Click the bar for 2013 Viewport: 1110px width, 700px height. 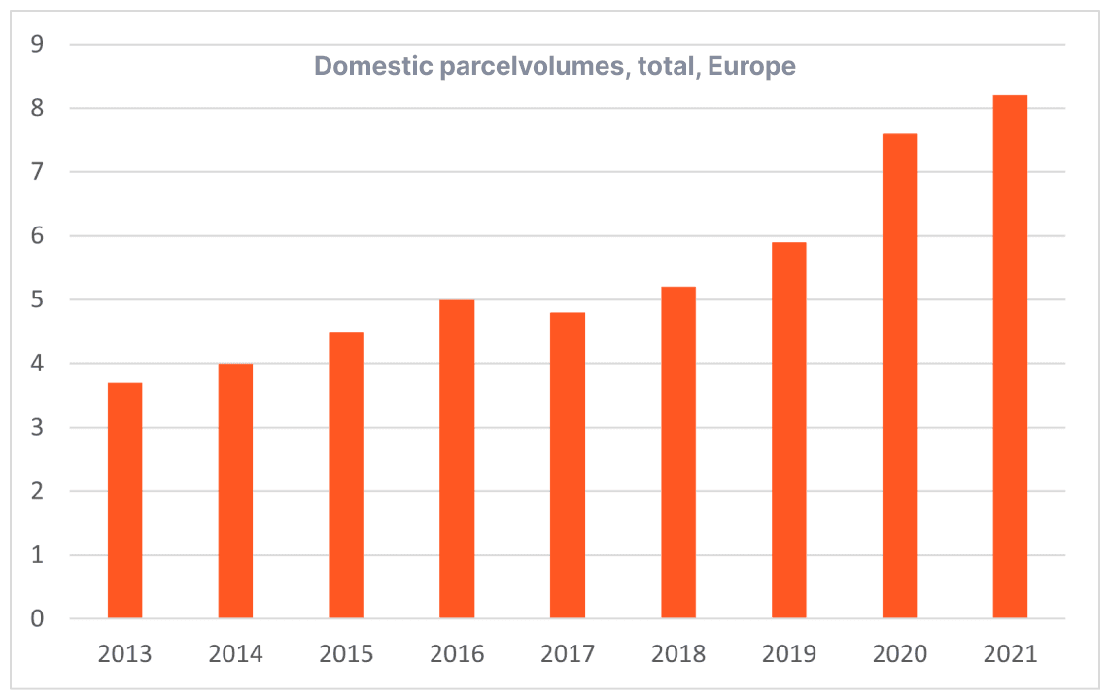point(124,501)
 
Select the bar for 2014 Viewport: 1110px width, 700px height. point(235,491)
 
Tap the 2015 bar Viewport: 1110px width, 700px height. point(346,475)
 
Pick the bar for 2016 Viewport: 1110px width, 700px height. point(457,459)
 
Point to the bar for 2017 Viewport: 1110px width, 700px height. point(568,466)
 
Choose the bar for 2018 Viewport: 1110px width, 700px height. point(678,453)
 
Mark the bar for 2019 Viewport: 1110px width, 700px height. point(788,431)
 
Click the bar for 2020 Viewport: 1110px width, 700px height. point(899,376)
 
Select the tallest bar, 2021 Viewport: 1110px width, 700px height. point(1010,357)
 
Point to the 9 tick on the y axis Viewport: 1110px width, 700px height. point(37,45)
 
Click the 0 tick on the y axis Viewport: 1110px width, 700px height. point(37,619)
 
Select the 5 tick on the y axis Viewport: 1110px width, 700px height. point(37,300)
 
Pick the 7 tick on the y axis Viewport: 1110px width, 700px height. point(37,172)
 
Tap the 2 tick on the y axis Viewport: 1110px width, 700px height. point(37,492)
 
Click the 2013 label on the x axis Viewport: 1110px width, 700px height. point(124,653)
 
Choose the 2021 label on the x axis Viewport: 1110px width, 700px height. point(1010,653)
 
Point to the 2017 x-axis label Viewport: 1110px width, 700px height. point(568,653)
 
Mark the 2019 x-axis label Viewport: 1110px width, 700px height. point(788,653)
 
